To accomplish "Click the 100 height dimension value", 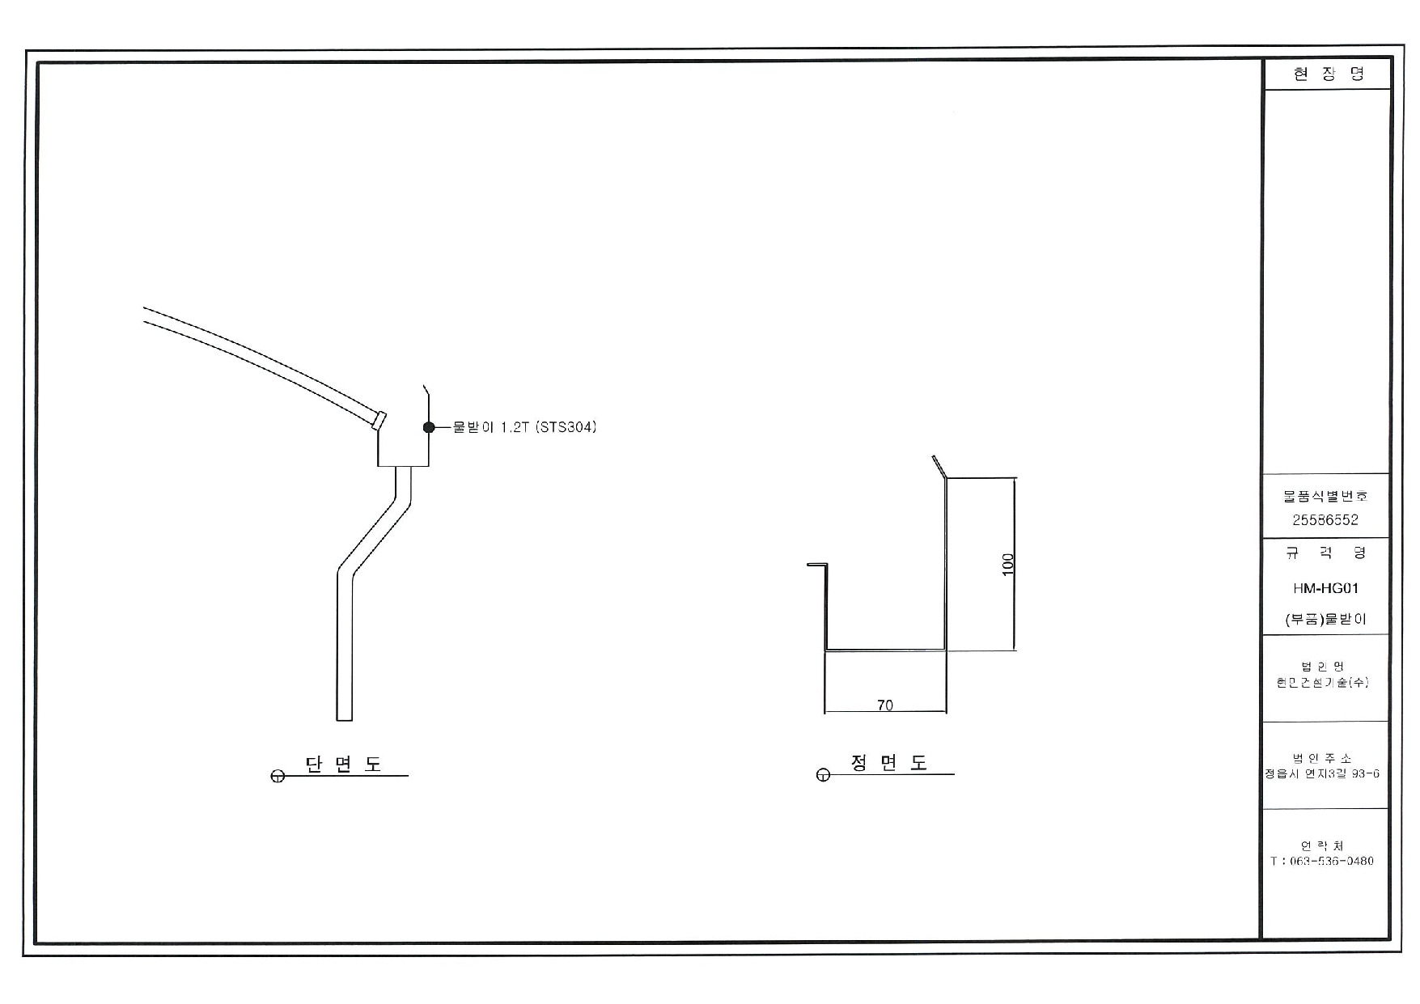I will pyautogui.click(x=1008, y=564).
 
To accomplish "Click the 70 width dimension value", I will pyautogui.click(x=885, y=705).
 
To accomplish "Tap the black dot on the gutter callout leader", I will pyautogui.click(x=429, y=427).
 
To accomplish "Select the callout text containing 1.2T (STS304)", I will pyautogui.click(x=524, y=427).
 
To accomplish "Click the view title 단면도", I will pyautogui.click(x=343, y=764).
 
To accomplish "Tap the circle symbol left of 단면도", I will pyautogui.click(x=278, y=777).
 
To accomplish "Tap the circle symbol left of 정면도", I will pyautogui.click(x=823, y=776).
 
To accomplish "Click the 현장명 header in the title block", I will pyautogui.click(x=1328, y=74).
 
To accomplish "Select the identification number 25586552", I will pyautogui.click(x=1325, y=520).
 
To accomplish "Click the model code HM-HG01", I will pyautogui.click(x=1325, y=588).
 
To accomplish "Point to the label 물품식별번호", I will pyautogui.click(x=1325, y=496).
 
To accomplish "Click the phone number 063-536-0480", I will pyautogui.click(x=1327, y=861).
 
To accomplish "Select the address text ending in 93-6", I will pyautogui.click(x=1323, y=773).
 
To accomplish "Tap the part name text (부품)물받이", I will pyautogui.click(x=1325, y=620).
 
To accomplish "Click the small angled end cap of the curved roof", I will pyautogui.click(x=379, y=420).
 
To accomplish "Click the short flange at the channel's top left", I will pyautogui.click(x=817, y=565).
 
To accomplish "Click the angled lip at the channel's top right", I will pyautogui.click(x=939, y=466).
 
